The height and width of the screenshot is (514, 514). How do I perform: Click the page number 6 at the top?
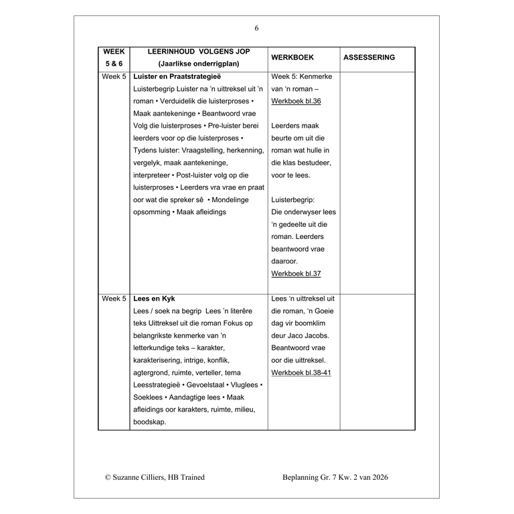pyautogui.click(x=256, y=28)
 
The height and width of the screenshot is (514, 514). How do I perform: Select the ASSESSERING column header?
pyautogui.click(x=369, y=58)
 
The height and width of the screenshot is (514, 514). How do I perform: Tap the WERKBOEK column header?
pyautogui.click(x=292, y=58)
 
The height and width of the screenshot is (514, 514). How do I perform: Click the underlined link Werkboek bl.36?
pyautogui.click(x=296, y=101)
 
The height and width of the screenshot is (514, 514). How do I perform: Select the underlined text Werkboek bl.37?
pyautogui.click(x=296, y=274)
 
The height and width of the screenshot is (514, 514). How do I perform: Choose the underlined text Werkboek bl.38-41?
pyautogui.click(x=301, y=373)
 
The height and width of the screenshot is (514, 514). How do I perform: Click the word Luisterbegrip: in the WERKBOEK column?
pyautogui.click(x=293, y=199)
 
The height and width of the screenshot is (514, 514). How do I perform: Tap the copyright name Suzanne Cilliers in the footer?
pyautogui.click(x=144, y=477)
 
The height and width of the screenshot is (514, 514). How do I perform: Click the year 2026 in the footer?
pyautogui.click(x=378, y=477)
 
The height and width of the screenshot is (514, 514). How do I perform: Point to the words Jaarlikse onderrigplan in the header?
pyautogui.click(x=199, y=64)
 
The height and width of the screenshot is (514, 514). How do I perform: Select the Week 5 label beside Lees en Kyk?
pyautogui.click(x=114, y=298)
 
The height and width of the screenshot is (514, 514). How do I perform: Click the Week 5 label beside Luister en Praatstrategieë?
pyautogui.click(x=114, y=77)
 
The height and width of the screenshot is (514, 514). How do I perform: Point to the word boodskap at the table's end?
pyautogui.click(x=150, y=422)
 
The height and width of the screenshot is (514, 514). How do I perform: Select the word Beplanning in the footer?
pyautogui.click(x=305, y=477)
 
